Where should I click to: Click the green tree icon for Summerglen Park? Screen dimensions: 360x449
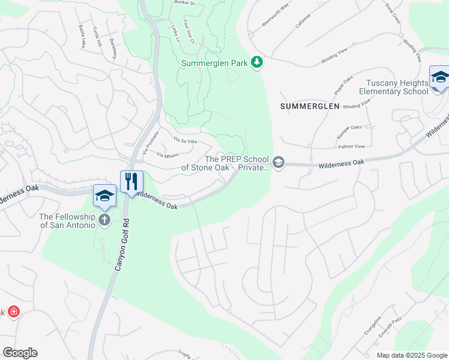tap(257, 62)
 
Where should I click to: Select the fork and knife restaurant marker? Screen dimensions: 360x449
tap(131, 181)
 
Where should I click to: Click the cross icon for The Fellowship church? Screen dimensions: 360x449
tap(104, 219)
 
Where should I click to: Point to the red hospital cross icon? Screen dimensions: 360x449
tap(13, 313)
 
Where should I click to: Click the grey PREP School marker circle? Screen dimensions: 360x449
tap(278, 163)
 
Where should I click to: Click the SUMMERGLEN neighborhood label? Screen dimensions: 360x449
tap(310, 106)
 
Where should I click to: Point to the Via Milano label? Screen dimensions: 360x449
tap(169, 155)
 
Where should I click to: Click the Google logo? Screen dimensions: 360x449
tap(20, 353)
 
